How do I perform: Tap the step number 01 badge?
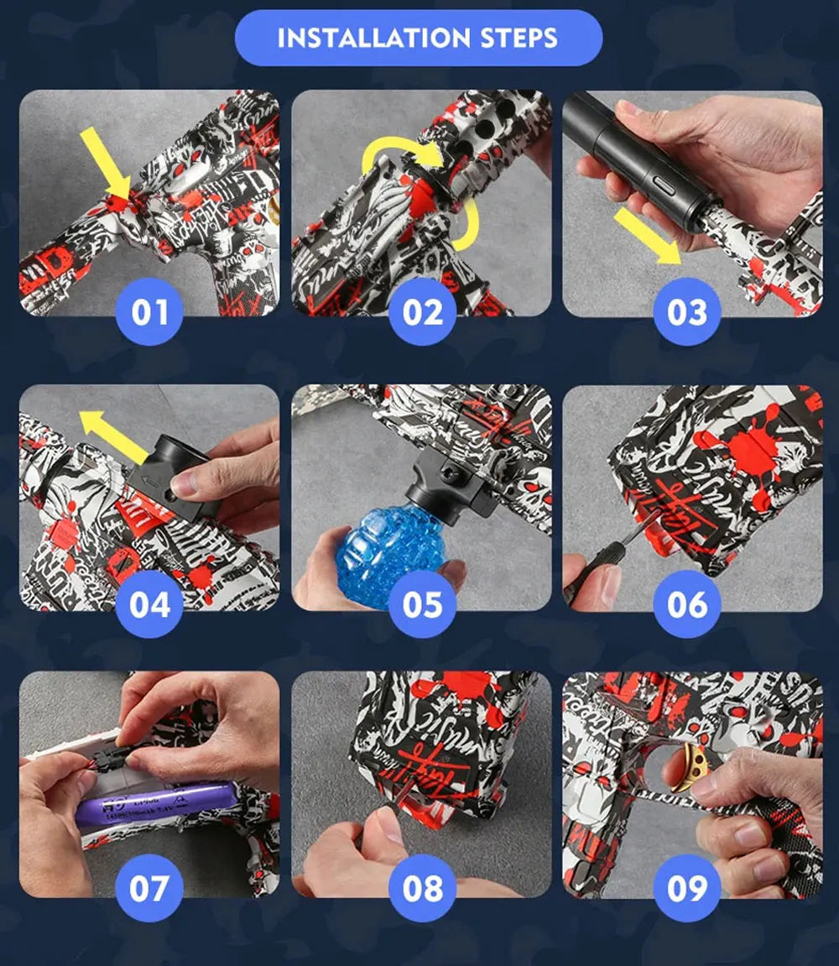click(149, 313)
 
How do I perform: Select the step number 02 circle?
click(422, 313)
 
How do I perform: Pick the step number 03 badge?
click(687, 313)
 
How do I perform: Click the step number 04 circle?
click(149, 604)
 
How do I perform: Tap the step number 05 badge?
click(422, 604)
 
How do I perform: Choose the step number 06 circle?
click(687, 604)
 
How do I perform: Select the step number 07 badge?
click(149, 889)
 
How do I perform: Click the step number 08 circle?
click(422, 889)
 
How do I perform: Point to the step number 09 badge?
click(687, 889)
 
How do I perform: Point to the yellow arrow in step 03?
click(646, 237)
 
